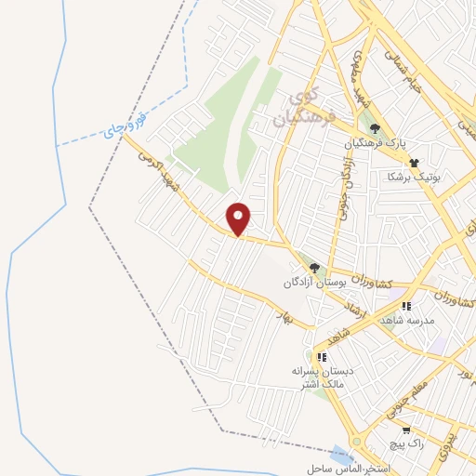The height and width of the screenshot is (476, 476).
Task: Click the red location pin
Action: (240, 218)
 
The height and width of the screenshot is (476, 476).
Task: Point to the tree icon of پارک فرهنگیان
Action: (375, 129)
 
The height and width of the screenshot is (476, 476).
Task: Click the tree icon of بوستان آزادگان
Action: (314, 268)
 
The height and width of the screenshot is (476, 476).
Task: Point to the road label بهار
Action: (282, 316)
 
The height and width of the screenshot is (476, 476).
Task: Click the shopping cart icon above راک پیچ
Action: (407, 430)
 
